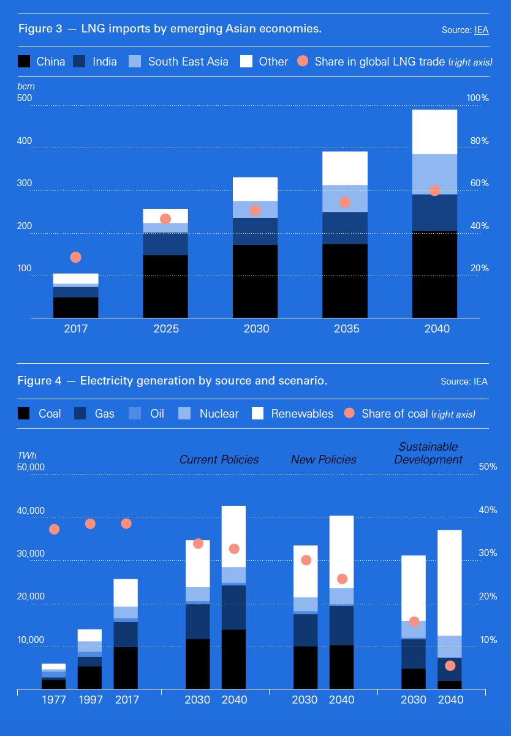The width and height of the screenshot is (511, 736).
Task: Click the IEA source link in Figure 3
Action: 481,30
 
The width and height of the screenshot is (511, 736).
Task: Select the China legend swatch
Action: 24,61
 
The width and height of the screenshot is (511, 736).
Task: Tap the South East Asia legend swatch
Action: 135,61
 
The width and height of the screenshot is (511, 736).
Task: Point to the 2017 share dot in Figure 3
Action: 76,257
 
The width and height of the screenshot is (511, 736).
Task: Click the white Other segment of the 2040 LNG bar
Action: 434,132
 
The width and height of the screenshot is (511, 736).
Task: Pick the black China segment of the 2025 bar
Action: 165,286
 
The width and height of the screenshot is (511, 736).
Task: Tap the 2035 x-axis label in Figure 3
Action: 344,329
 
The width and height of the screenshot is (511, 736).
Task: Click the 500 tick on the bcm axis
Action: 25,98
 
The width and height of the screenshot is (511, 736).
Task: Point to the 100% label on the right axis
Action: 477,98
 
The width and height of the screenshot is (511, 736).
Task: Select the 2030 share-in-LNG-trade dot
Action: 255,211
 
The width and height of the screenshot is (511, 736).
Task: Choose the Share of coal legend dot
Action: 349,413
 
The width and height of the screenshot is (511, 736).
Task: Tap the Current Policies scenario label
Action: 219,459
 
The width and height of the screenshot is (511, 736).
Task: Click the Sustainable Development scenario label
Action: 428,453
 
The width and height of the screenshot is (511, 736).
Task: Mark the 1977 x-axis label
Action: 54,700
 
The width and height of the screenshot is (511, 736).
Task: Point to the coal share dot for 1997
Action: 90,524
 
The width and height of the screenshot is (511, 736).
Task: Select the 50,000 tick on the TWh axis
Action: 31,467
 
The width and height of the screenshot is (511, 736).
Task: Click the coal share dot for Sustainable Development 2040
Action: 450,666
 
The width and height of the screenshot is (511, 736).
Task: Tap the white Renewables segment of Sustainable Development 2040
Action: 450,582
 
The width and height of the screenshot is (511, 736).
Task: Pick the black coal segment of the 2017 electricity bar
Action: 126,667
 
